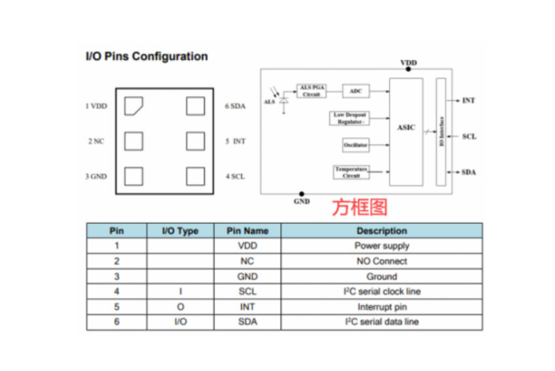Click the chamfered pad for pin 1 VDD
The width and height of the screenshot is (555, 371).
[133, 106]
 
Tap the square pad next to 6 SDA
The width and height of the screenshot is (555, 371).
[195, 106]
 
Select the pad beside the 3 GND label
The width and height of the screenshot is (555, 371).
[134, 176]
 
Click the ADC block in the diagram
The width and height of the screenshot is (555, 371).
[356, 91]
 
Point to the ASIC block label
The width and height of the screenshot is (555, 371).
[406, 127]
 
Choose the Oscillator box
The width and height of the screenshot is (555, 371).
[356, 145]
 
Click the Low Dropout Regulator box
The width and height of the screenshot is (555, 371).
[349, 118]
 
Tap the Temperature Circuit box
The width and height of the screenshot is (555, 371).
[351, 172]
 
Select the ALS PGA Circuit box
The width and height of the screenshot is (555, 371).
[311, 91]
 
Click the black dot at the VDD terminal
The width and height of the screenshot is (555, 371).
[408, 69]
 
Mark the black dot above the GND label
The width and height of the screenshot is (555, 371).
[301, 194]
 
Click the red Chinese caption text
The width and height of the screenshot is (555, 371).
[360, 207]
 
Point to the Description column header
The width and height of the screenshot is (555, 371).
[382, 231]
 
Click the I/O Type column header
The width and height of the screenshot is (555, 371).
[180, 231]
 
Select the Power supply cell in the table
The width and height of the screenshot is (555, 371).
[382, 246]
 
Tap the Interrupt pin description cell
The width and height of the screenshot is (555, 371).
[382, 306]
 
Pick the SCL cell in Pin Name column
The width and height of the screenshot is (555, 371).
[247, 291]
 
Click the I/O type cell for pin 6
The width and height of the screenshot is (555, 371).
[180, 322]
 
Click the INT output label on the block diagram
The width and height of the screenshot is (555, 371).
[468, 101]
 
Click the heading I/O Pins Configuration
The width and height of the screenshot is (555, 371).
[146, 56]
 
